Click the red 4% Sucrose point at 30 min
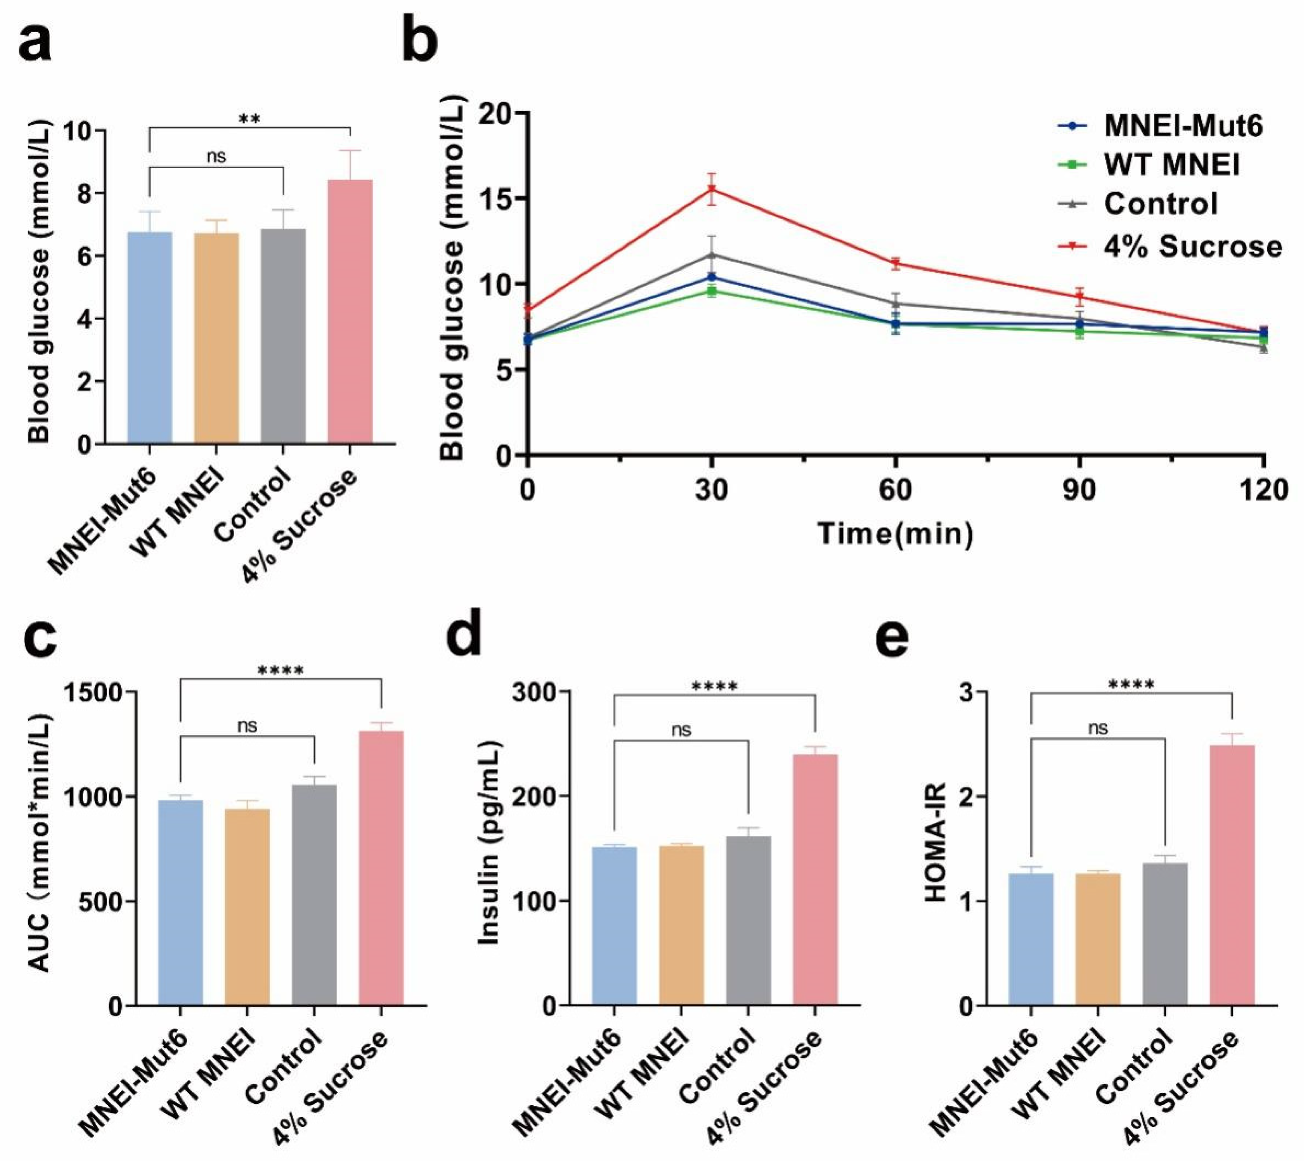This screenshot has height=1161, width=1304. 711,189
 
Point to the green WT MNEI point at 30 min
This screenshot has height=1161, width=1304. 711,292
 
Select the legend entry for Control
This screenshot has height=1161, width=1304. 1160,204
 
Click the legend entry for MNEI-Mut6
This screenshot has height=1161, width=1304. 1182,127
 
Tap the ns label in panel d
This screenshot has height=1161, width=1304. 682,730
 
